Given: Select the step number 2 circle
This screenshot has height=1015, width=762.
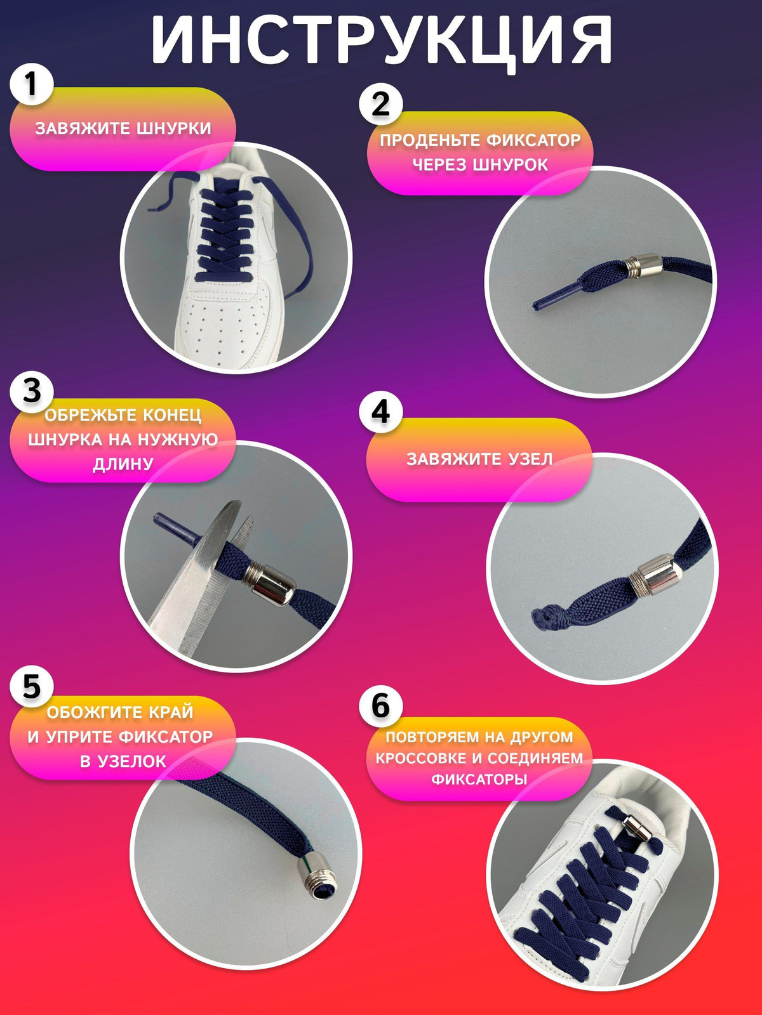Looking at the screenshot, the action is coord(381,103).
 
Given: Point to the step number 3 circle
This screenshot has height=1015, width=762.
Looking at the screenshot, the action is coord(31,390).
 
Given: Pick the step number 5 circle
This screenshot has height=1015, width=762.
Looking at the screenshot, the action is coord(31,686).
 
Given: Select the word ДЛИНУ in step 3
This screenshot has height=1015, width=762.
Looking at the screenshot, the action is coord(123,464).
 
